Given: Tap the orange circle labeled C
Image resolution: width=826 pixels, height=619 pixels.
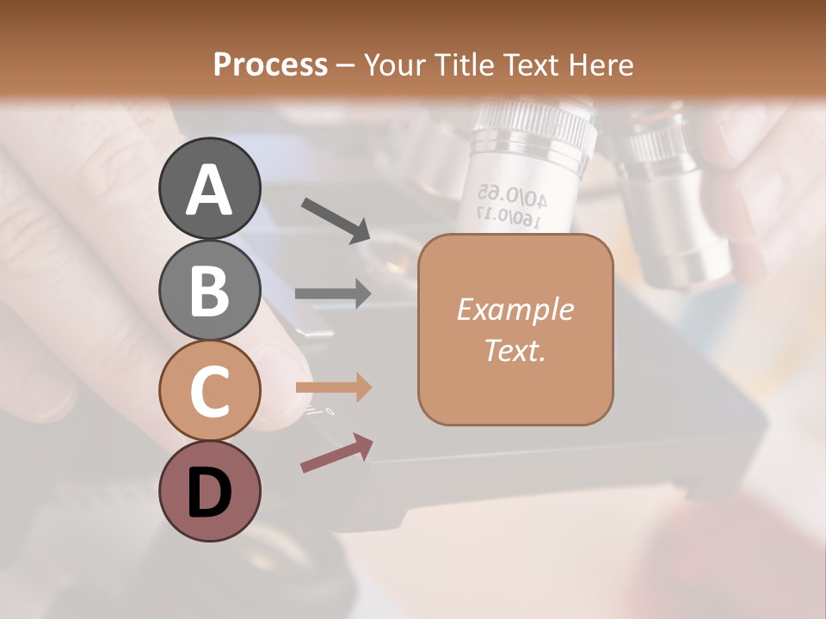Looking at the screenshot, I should [x=209, y=390].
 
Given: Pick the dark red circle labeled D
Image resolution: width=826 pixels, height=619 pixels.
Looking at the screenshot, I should [x=209, y=491].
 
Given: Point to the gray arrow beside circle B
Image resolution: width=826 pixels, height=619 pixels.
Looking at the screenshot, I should [x=333, y=293].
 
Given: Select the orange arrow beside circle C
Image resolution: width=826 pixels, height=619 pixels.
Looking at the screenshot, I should [x=333, y=387].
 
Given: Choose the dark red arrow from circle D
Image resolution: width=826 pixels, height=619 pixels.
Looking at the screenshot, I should [x=336, y=453].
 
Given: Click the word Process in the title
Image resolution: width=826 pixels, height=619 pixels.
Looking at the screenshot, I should [x=270, y=64].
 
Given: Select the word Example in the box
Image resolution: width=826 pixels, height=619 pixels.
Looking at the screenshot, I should [x=515, y=309].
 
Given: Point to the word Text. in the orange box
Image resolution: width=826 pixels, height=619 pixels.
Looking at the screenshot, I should [x=515, y=350].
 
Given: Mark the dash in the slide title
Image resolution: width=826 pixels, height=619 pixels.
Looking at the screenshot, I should [x=345, y=65].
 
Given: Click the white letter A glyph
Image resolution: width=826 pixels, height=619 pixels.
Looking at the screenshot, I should [x=209, y=190].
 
